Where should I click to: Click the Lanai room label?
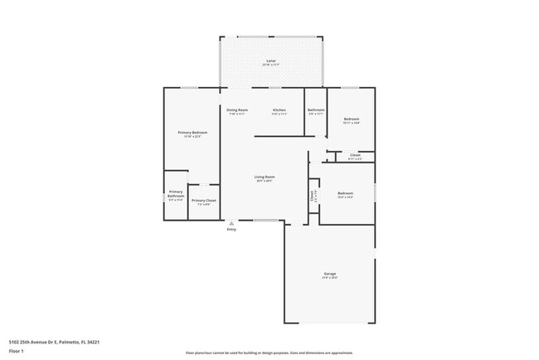coord(270,61)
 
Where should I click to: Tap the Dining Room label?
coord(237,110)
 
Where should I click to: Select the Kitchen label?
coord(279,110)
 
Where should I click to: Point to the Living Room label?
coord(265,177)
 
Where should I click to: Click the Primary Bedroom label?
coord(192,133)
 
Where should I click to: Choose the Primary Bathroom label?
coord(176,195)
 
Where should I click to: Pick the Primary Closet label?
coord(203,201)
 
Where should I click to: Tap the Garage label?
coord(329,274)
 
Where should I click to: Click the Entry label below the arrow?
coord(231,230)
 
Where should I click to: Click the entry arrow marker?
coord(231,223)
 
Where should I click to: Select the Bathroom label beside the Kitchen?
coord(316,110)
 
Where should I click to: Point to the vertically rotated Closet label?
coord(313,197)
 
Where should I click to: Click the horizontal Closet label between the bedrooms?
coord(354,155)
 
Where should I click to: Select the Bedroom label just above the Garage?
coord(346,194)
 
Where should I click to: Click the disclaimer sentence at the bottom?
coord(269,353)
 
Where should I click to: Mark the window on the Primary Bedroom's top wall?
coord(189,88)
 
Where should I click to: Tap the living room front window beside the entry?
coord(266,220)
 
